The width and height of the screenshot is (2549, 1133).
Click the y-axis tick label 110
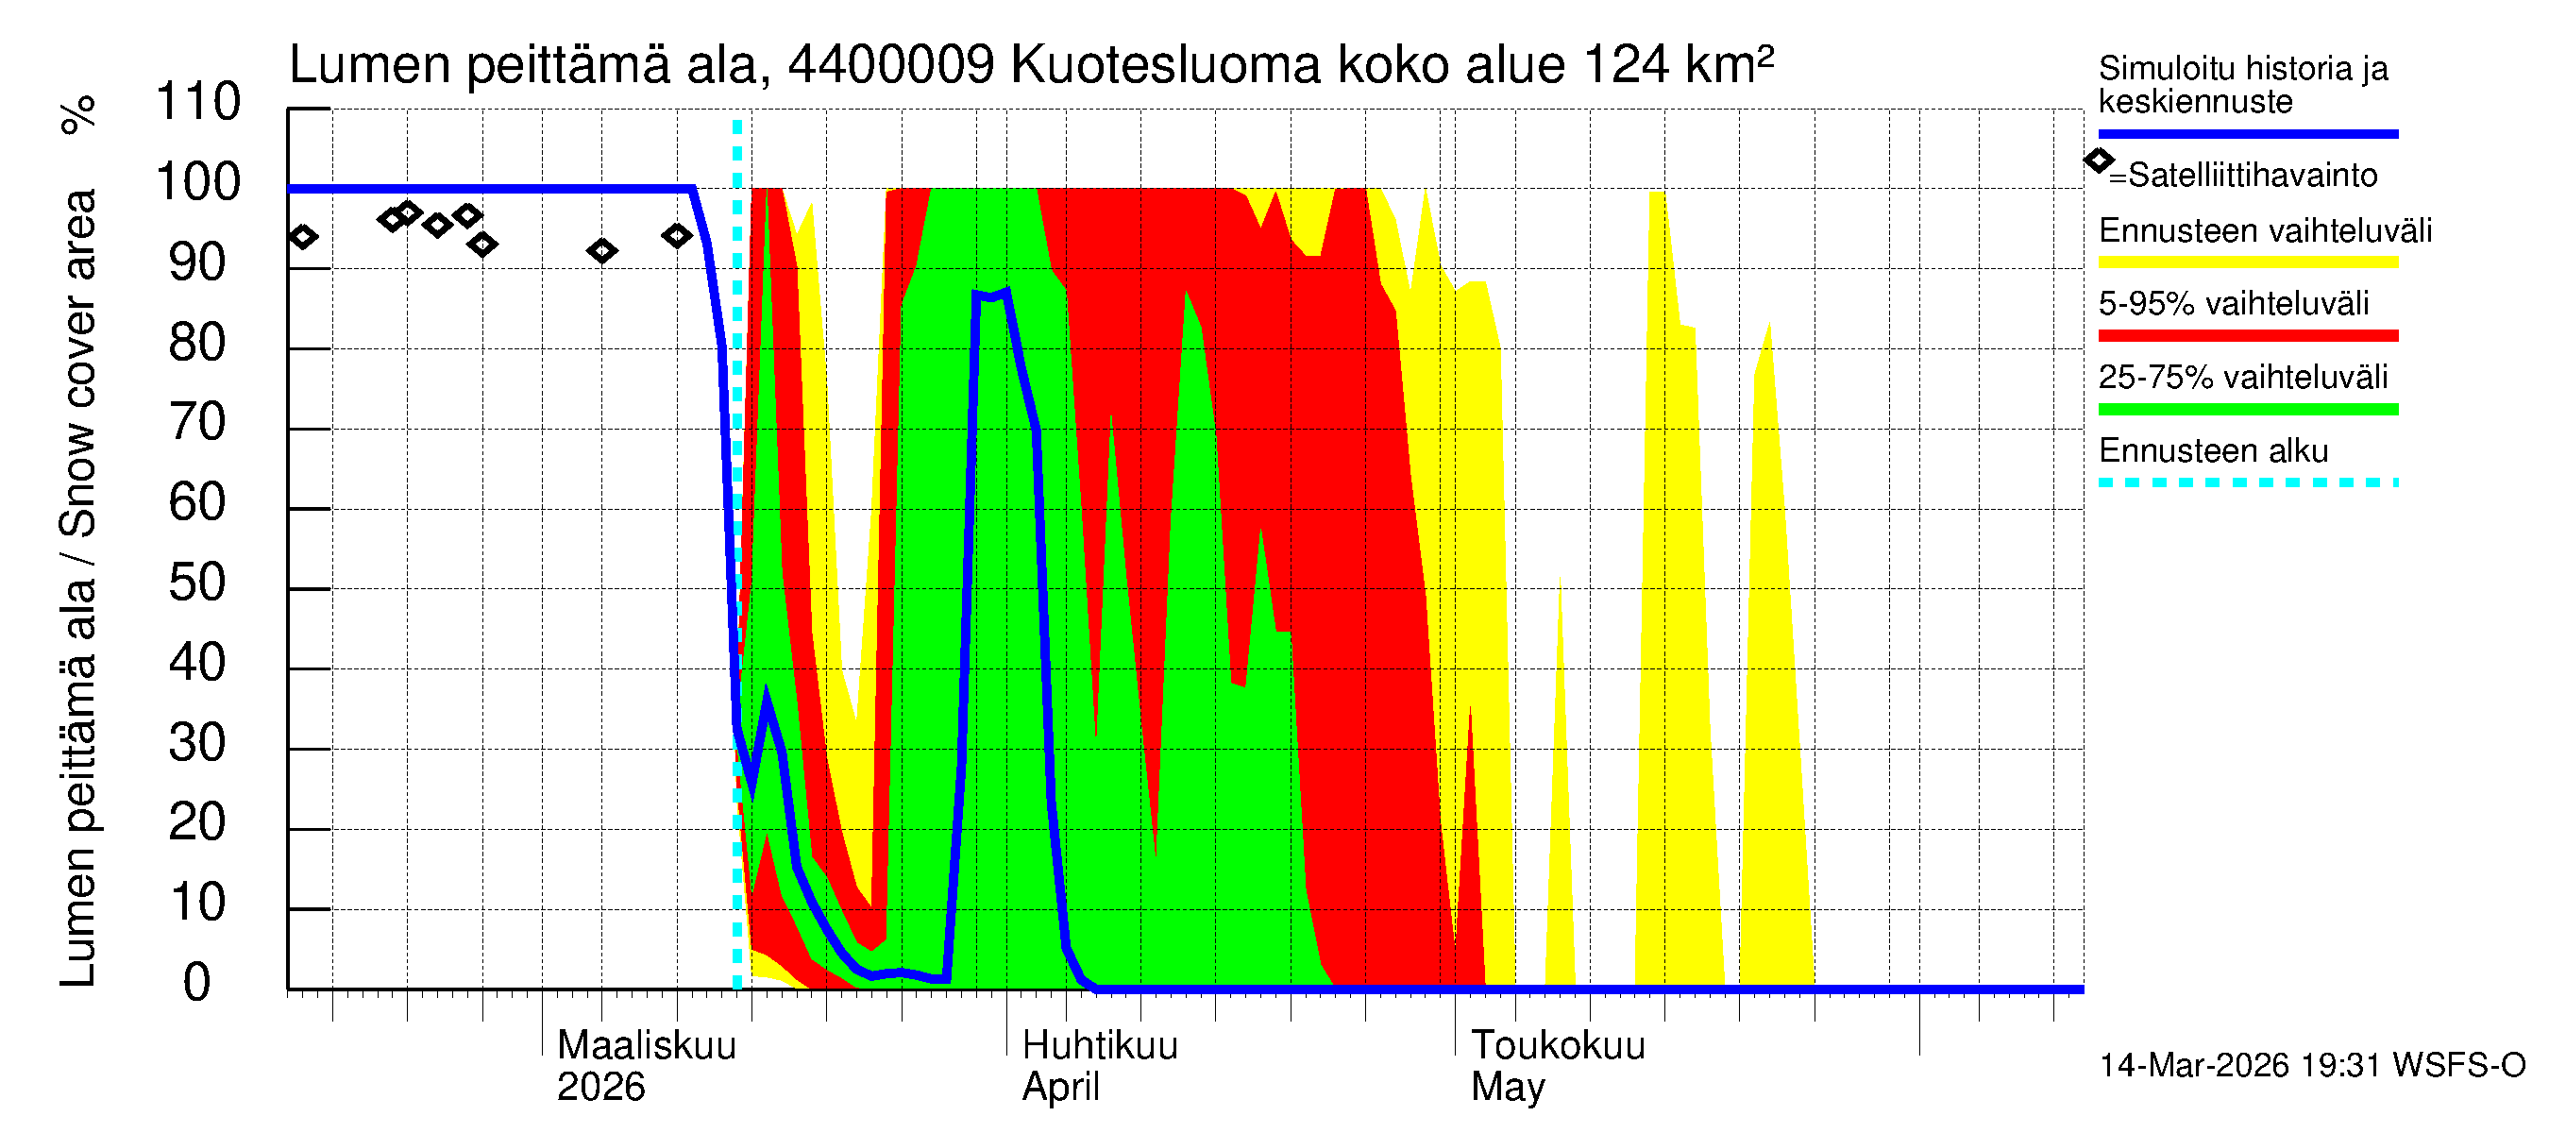[198, 102]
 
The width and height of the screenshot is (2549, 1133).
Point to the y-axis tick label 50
[198, 583]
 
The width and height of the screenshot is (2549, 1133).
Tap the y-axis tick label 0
[197, 983]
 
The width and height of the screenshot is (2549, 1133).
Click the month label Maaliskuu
[646, 1045]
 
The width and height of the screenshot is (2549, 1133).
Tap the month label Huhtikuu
[1099, 1045]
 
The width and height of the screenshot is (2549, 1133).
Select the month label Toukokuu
[1558, 1045]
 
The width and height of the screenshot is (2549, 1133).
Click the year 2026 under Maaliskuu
[600, 1087]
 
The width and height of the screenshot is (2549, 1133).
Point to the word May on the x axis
[1507, 1087]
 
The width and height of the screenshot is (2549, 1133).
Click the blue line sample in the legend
[2247, 133]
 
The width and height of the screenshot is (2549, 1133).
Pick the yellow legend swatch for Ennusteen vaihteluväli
[2247, 262]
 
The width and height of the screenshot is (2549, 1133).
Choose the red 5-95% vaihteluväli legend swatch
[2247, 335]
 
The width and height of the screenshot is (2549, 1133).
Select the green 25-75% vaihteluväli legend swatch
[2247, 409]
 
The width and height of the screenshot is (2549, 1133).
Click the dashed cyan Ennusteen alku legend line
[2247, 482]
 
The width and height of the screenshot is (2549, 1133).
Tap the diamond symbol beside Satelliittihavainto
[2099, 161]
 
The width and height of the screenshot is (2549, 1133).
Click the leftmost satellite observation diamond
[303, 236]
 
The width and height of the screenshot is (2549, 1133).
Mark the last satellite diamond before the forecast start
[677, 235]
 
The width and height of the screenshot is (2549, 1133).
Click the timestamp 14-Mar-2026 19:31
[2240, 1065]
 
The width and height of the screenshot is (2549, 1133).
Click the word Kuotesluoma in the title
[1166, 65]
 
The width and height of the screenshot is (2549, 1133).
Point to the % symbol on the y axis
[78, 114]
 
